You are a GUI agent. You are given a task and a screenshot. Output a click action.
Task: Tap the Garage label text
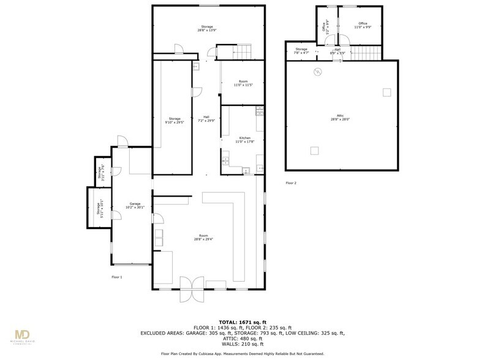point(135,204)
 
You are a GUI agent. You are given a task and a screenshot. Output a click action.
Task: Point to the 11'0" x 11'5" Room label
point(243,83)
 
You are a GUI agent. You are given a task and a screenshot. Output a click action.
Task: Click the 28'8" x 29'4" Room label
point(204,238)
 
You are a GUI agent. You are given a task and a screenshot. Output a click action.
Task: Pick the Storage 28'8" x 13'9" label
point(208,28)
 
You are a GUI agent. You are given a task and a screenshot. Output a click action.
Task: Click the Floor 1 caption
point(117,277)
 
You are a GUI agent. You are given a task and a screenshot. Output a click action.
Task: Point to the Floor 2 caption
point(291,183)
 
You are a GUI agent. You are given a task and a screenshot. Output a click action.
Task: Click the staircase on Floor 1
point(242,52)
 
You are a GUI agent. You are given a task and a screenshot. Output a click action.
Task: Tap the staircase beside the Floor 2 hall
point(367,53)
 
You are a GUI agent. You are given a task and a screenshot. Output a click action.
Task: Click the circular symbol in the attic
point(317,72)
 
